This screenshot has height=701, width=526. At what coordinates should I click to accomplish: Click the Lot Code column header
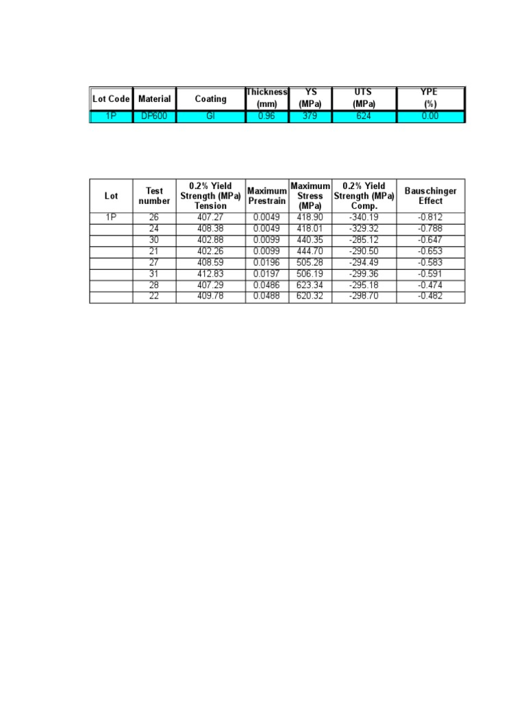point(111,99)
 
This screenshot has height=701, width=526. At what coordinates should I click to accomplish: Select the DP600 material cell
point(154,116)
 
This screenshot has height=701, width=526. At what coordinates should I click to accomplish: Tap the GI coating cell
point(210,116)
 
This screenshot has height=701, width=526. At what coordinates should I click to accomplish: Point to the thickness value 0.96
point(266,116)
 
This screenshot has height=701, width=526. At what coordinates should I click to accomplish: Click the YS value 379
point(310,116)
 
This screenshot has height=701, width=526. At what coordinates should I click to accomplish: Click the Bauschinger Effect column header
point(430,196)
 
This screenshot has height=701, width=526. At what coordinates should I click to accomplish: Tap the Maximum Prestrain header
point(266,196)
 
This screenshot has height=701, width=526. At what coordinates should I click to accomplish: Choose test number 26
point(154,218)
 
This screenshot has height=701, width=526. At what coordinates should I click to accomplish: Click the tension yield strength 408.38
point(210,229)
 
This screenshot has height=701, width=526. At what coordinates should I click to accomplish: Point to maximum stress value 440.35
point(310,240)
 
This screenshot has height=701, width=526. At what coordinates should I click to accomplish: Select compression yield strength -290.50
point(364,251)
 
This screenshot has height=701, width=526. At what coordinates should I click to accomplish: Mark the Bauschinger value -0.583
point(430,263)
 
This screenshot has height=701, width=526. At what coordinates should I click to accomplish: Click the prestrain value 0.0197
point(266,274)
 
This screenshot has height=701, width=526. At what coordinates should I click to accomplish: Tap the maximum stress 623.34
point(310,285)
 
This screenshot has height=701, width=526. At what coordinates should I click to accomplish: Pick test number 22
point(154,296)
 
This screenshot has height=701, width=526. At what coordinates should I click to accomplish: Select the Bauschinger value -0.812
point(430,218)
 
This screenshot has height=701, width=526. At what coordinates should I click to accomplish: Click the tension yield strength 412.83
point(210,274)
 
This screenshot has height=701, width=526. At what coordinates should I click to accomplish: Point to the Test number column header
point(154,196)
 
